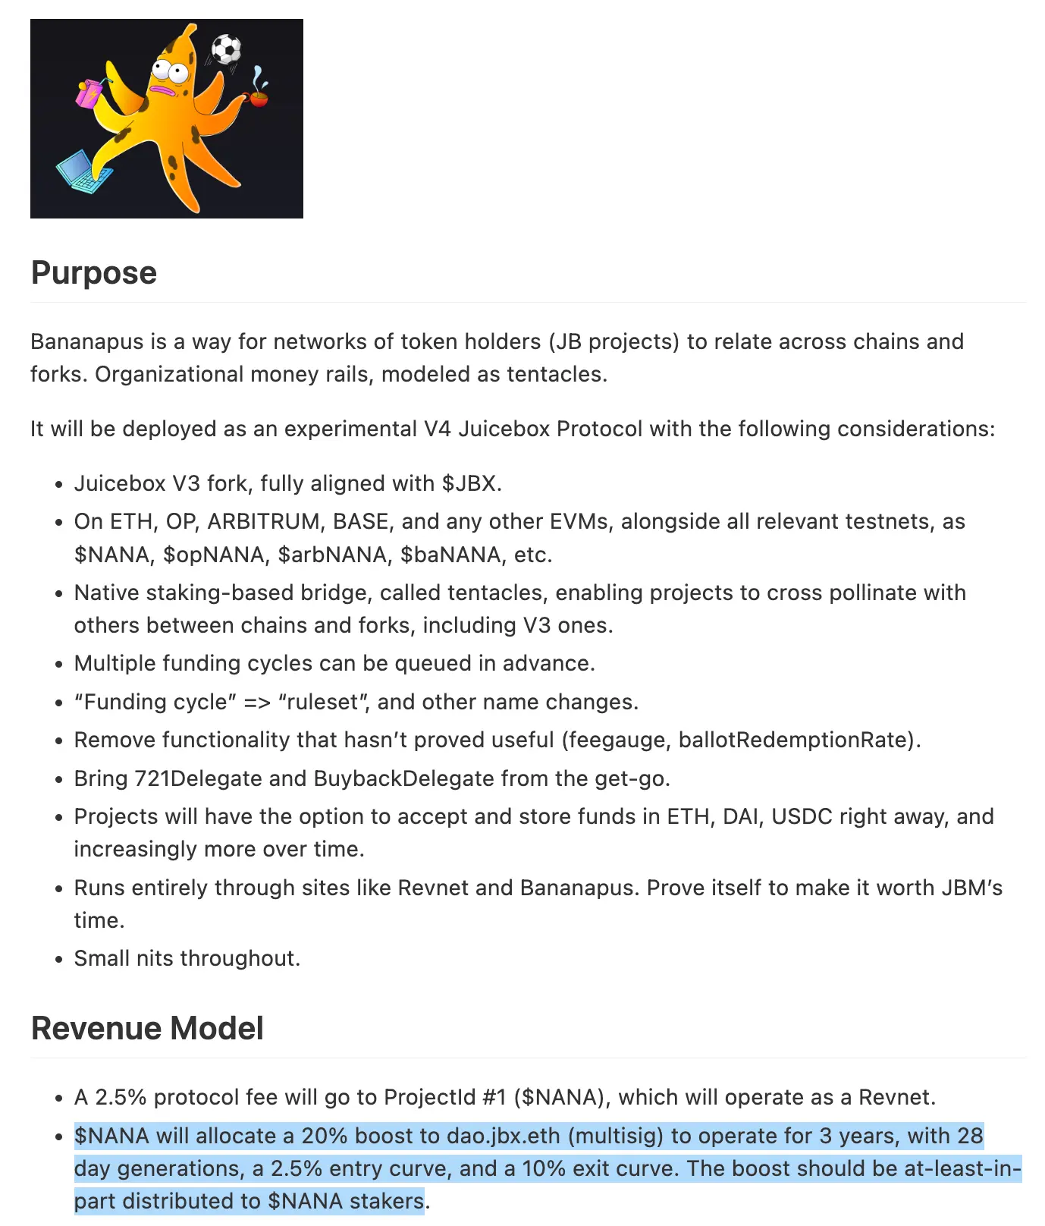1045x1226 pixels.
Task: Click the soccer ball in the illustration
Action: (x=225, y=49)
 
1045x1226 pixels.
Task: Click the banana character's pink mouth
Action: (x=164, y=90)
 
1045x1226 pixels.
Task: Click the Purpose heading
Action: (x=94, y=273)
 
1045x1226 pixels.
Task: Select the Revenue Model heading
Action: (x=147, y=1029)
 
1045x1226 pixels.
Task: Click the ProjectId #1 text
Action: (x=444, y=1098)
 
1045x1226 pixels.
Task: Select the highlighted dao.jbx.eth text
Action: (x=503, y=1136)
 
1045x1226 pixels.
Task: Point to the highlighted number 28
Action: (x=970, y=1136)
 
